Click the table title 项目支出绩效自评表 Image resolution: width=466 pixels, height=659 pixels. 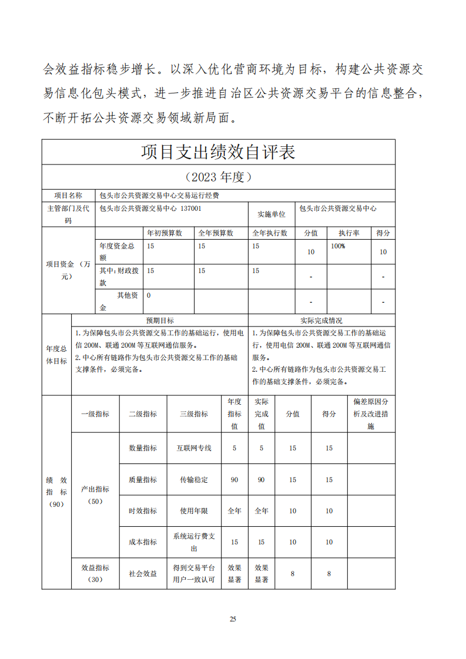[218, 152]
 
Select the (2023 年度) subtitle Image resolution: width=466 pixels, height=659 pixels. [218, 177]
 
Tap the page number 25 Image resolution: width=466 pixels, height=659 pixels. [233, 619]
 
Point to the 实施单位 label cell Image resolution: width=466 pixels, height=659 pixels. [271, 214]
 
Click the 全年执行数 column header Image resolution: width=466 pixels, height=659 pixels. [270, 233]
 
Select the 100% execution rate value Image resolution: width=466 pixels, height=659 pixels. [338, 246]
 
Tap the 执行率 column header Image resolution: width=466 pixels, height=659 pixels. [348, 233]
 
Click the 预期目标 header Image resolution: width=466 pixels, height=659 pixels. [160, 321]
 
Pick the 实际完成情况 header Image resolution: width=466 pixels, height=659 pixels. [321, 321]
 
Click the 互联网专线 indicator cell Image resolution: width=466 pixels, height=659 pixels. [194, 448]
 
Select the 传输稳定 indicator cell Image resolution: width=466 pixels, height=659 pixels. [194, 480]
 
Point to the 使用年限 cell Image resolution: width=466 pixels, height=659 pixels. [194, 511]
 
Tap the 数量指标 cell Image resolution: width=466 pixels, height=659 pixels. [143, 448]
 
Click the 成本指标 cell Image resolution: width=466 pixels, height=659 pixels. [143, 542]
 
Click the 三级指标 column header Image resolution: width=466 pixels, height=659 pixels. [194, 414]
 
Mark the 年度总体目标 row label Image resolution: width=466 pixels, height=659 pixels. [56, 355]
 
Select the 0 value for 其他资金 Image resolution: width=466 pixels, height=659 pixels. [149, 295]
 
